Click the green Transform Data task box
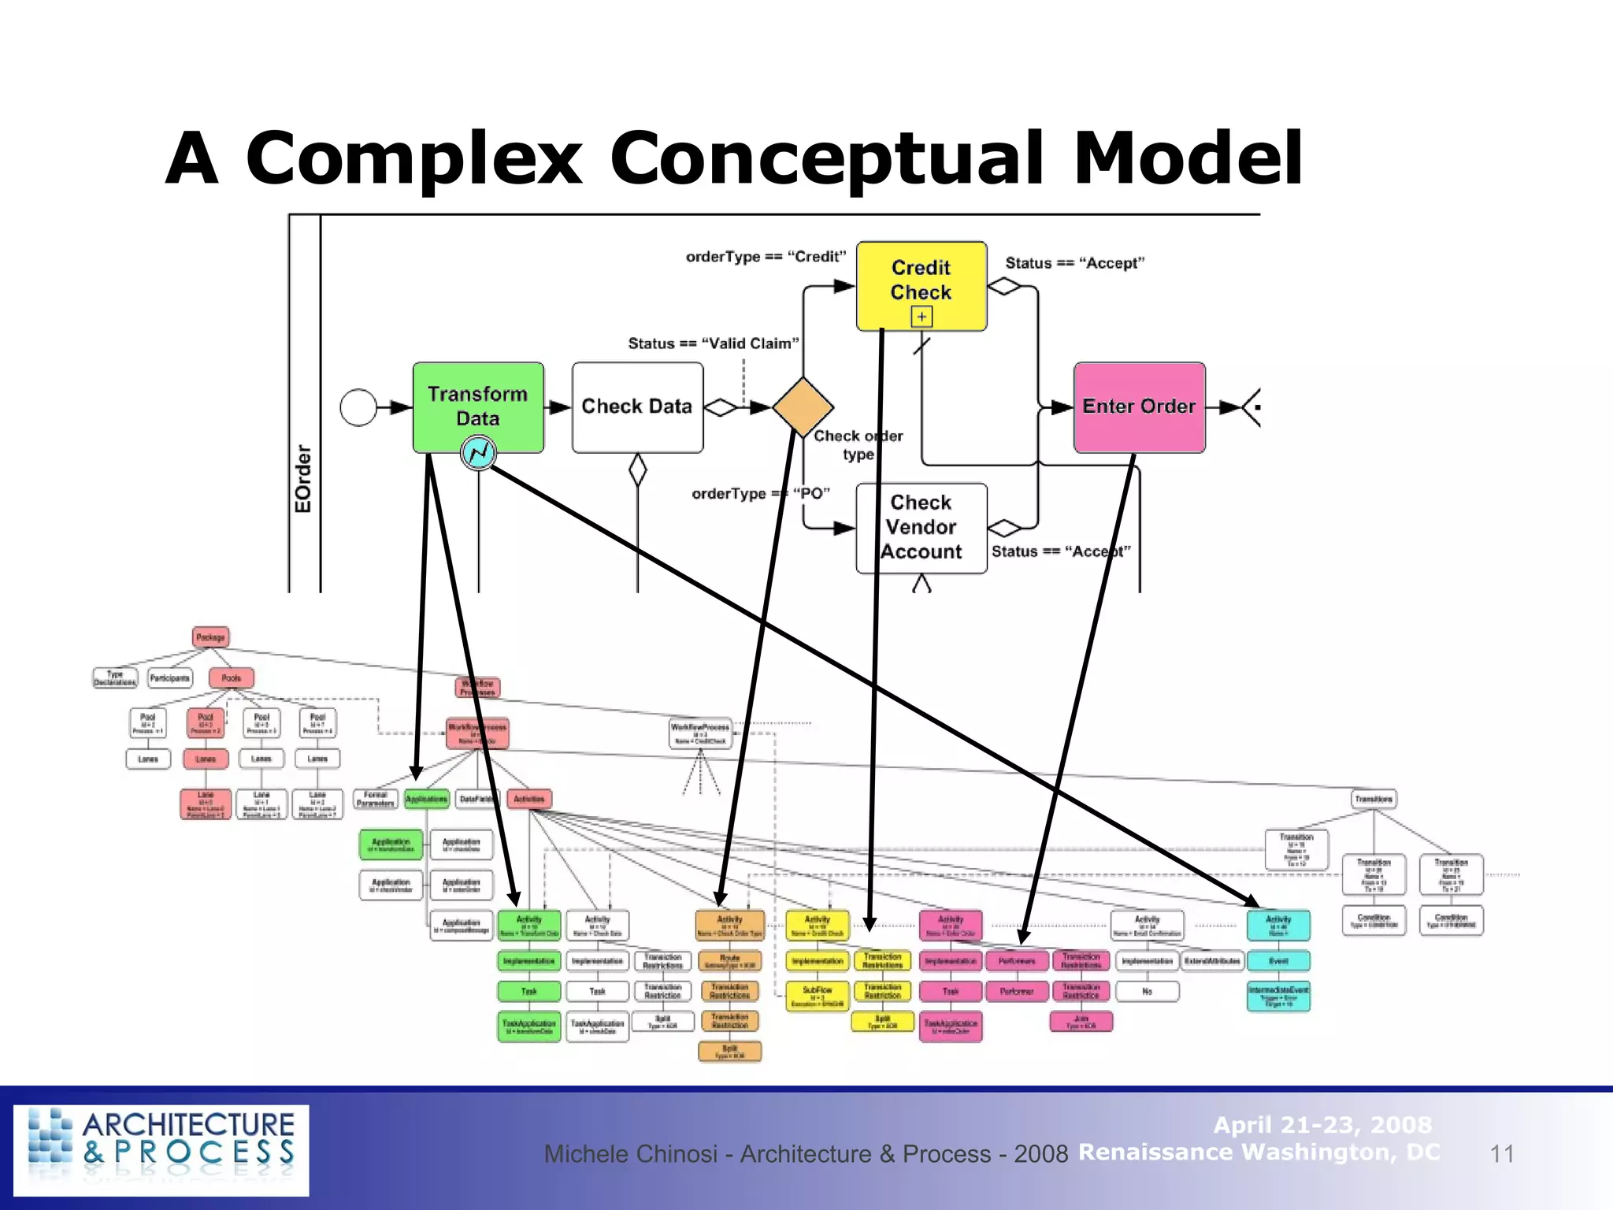point(478,402)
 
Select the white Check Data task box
point(637,407)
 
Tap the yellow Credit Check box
point(921,280)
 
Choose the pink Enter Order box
point(1139,406)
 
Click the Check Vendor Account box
point(921,527)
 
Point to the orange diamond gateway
point(803,407)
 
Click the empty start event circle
point(358,407)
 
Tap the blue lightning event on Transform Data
point(478,453)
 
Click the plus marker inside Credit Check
point(921,317)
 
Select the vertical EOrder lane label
point(303,479)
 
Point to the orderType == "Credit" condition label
point(766,257)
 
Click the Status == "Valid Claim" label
point(713,343)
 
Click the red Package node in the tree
point(210,637)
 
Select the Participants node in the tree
point(170,677)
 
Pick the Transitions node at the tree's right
point(1374,799)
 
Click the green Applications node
point(426,799)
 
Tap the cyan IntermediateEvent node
point(1278,996)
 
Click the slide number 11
point(1502,1154)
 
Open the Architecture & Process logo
point(161,1149)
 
